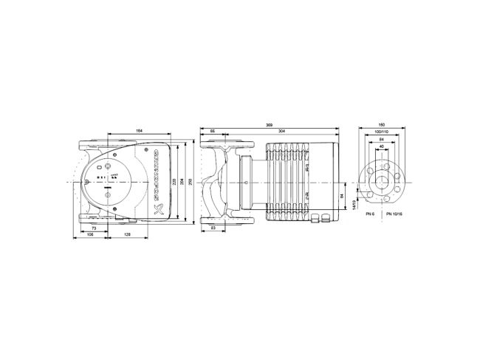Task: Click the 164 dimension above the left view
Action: click(x=139, y=131)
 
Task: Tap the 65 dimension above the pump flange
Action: click(x=213, y=131)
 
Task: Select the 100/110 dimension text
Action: click(x=382, y=131)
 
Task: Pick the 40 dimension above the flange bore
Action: click(x=382, y=146)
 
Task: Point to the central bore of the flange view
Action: click(x=382, y=182)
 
